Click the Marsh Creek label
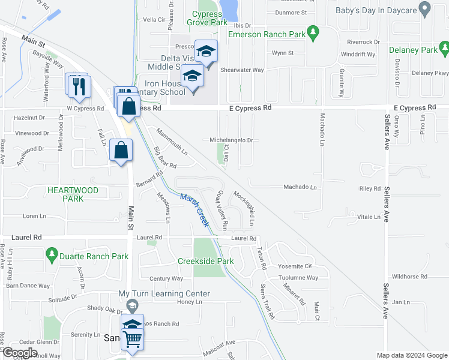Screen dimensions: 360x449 pos(194,209)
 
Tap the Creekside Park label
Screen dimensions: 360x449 pos(205,261)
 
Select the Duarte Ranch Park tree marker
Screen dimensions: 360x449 pos(52,256)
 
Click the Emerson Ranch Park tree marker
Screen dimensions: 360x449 pos(312,34)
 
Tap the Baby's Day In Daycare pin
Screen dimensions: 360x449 pos(425,9)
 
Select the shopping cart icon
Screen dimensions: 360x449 pos(132,339)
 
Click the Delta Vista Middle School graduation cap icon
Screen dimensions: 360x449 pos(206,53)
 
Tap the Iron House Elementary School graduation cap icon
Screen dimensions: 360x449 pos(193,77)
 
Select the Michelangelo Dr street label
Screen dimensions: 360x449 pos(234,140)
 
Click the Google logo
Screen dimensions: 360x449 pos(20,353)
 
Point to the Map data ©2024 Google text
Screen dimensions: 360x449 pos(411,355)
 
